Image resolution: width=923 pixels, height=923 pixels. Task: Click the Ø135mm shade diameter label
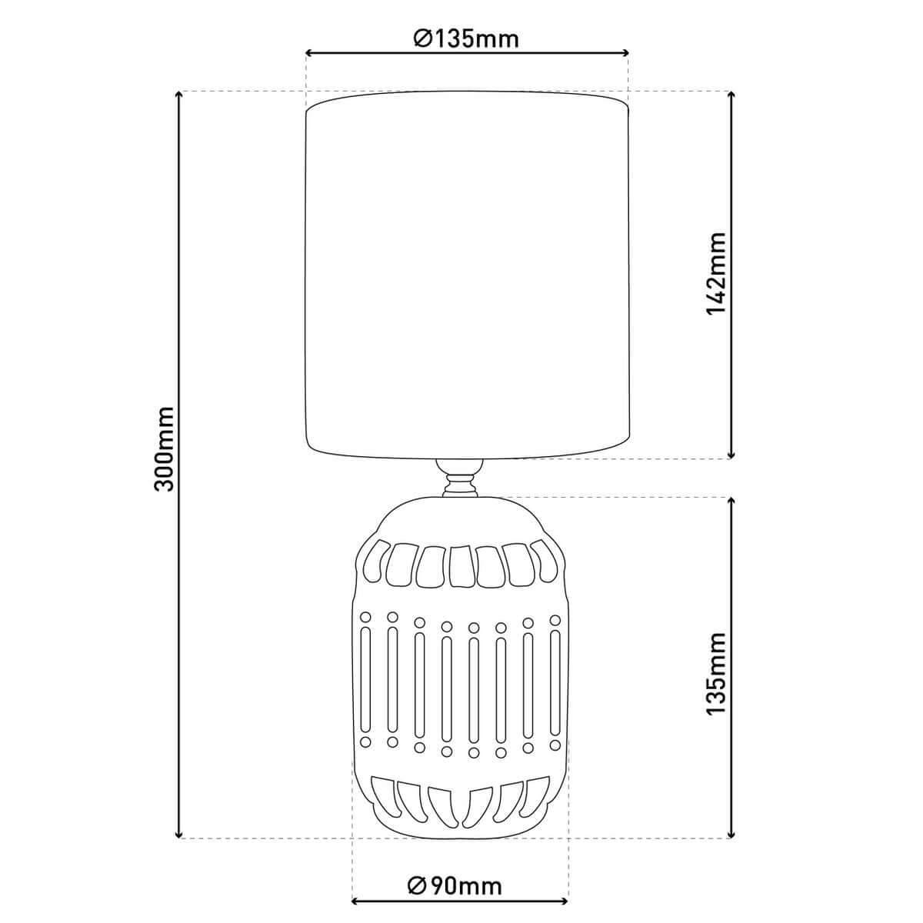coord(466,38)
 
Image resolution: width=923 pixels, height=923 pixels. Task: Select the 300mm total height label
coord(165,449)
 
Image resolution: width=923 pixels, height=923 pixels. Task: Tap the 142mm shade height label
coord(716,272)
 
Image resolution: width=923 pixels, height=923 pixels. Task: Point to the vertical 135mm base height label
coord(716,674)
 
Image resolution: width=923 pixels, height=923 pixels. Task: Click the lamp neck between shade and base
coord(458,478)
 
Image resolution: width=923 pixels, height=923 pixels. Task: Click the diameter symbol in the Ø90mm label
coord(415,886)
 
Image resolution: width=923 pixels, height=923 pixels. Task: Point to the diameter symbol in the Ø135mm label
coord(422,38)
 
